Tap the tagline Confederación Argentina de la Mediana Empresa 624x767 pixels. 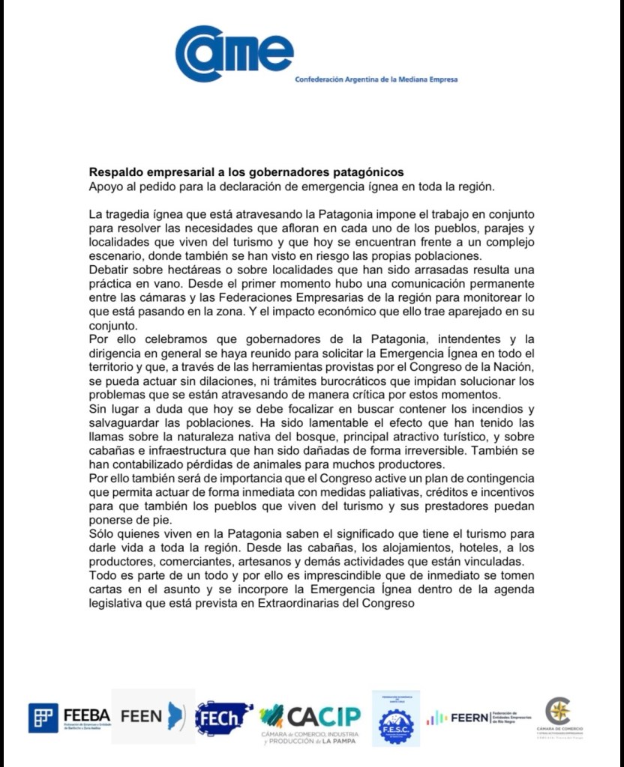tap(376, 79)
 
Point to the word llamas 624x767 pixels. tap(104, 437)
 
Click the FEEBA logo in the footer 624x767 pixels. tap(69, 717)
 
